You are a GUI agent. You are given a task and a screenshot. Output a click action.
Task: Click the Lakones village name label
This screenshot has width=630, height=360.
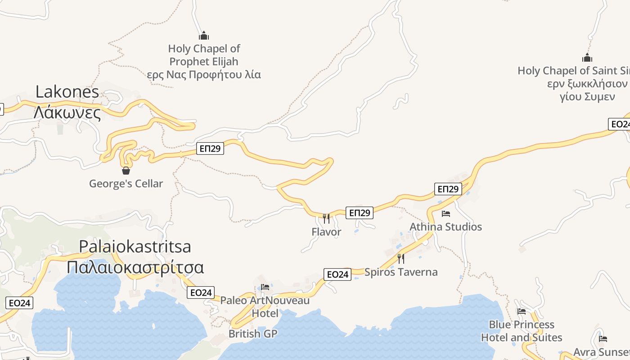pos(67,92)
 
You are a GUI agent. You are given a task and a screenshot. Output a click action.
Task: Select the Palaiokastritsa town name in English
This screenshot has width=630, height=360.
pos(135,247)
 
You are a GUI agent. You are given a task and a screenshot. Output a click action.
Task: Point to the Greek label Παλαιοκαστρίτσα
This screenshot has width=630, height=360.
pos(135,267)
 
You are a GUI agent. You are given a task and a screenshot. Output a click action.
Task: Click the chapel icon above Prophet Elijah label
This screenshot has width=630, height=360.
pos(204,36)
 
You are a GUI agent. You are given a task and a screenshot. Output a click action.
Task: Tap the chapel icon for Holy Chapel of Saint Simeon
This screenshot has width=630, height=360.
pos(587,58)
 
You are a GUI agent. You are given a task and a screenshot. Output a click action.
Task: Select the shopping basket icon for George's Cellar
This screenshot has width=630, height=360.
pos(126,171)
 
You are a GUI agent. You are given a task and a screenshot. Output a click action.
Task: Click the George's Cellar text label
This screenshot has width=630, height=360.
pos(126,184)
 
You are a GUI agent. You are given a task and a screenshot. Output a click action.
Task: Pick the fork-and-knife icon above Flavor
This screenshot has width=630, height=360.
pos(326,218)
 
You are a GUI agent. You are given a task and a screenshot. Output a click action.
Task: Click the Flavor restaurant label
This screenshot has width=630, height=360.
pos(326,232)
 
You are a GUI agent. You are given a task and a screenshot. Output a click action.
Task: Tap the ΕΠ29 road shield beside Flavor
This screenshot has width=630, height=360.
pos(360,212)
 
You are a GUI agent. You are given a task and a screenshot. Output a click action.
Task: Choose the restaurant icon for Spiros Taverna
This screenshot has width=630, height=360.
pos(400,258)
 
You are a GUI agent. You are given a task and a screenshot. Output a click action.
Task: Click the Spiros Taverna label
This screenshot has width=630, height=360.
pos(400,272)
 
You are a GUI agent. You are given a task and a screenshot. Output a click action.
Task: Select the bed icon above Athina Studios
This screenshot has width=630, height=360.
pos(445,213)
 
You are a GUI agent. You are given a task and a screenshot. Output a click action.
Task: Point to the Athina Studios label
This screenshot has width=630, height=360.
pos(445,227)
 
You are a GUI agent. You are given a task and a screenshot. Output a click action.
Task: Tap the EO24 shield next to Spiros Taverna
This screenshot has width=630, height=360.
pos(337,274)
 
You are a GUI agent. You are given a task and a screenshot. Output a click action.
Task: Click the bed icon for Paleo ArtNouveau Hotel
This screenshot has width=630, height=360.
pos(265,287)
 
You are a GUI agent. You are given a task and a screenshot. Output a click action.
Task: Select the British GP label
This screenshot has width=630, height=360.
pos(253,334)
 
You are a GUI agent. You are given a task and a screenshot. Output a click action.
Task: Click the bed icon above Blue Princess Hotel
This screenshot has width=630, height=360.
pos(522,311)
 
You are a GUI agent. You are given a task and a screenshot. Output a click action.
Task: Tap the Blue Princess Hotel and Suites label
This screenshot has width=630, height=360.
pos(522,331)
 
